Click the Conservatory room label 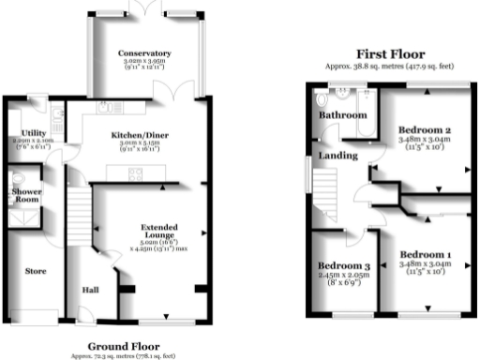point(143,53)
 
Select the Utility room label point(22,133)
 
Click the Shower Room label point(26,194)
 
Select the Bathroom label point(341,115)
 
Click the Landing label point(335,155)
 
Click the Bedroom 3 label point(341,265)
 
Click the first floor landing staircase point(323,197)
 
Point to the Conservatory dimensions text point(143,65)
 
